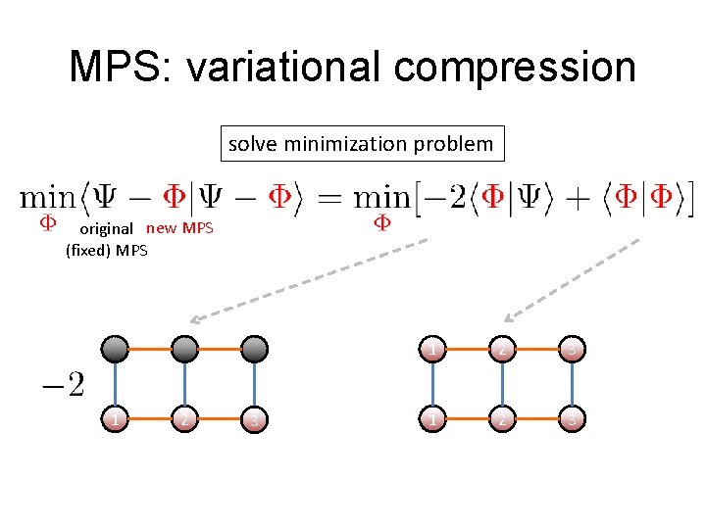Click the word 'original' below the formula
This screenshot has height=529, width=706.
point(106,229)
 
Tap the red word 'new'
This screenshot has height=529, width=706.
point(162,229)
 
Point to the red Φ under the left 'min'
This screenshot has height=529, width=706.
point(45,223)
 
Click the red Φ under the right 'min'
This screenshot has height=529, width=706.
point(382,223)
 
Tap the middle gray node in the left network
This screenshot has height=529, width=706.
point(184,348)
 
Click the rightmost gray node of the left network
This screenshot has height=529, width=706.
point(254,348)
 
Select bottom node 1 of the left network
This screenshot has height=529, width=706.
point(116,419)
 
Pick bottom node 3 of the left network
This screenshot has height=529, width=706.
point(254,420)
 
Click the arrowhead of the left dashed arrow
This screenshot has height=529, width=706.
point(194,319)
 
